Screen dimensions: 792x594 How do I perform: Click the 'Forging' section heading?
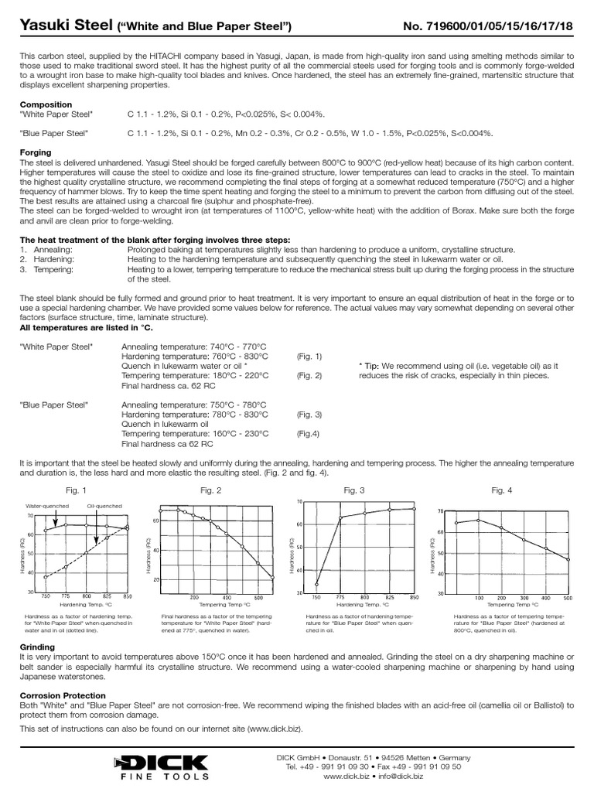tap(36, 152)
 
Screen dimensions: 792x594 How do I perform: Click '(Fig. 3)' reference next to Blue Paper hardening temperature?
tap(309, 415)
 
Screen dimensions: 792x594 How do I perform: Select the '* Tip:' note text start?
tap(372, 365)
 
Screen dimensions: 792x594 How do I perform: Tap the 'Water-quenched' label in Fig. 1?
tap(46, 506)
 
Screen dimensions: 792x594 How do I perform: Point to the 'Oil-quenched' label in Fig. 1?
tap(103, 506)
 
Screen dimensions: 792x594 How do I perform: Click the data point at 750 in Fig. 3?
tap(318, 584)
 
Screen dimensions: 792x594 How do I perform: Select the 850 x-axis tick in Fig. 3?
tap(414, 597)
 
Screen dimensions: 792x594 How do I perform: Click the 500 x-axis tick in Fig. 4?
tap(568, 598)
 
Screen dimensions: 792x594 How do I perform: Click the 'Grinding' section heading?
tap(36, 647)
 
